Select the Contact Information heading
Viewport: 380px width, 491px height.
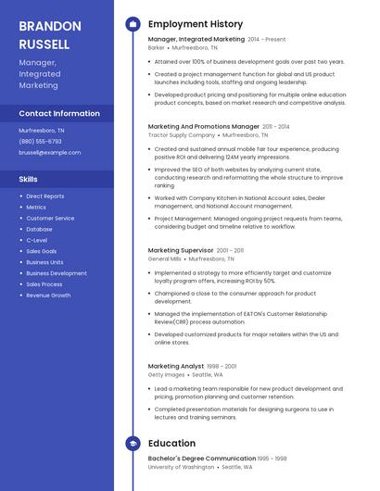59,113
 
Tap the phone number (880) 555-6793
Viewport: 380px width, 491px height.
41,141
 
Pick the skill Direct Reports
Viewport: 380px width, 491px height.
45,196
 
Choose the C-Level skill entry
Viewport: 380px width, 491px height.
37,240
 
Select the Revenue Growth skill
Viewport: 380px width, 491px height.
48,295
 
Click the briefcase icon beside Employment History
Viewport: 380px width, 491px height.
133,24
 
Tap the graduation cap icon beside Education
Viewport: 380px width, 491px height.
133,444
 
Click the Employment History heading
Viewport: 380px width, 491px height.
196,24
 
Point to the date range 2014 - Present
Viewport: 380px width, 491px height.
267,40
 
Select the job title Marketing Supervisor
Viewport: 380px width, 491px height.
181,250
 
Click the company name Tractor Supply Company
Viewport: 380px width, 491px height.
182,134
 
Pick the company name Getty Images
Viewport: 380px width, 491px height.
168,374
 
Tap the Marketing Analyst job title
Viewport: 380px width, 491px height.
176,366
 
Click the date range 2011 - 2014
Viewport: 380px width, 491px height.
276,126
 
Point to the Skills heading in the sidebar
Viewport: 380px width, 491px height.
29,178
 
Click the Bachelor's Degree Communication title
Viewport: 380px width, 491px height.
202,458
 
